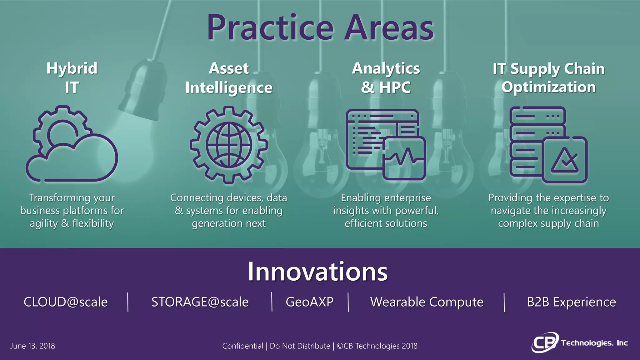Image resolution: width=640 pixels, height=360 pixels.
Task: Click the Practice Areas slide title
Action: point(320,28)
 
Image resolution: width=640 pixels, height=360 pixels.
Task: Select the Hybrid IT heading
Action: point(72,77)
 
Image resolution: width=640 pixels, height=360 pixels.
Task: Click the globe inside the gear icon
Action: point(229,144)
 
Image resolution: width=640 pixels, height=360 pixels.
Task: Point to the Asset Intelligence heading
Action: point(229,77)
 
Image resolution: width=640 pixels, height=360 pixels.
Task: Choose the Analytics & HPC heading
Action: point(386,77)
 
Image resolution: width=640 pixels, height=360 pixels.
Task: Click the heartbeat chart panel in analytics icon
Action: point(404,158)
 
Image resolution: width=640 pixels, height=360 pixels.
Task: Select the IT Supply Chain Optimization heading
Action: point(548,77)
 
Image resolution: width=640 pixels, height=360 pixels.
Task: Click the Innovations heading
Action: point(317,271)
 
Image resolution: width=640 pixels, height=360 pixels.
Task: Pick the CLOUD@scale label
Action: point(66,302)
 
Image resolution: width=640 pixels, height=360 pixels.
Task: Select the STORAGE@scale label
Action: point(200,302)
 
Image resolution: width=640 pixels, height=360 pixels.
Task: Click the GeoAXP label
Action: point(309,302)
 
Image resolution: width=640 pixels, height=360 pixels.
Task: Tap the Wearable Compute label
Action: point(427,302)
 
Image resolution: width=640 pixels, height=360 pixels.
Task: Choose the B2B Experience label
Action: point(571,302)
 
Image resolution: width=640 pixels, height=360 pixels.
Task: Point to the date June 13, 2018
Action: point(32,346)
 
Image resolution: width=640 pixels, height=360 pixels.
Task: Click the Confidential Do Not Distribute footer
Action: point(320,346)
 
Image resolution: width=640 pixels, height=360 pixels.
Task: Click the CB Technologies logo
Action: point(579,343)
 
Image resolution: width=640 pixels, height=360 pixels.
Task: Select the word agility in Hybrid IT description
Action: point(44,224)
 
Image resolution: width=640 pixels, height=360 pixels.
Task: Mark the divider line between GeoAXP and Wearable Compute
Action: point(348,302)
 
